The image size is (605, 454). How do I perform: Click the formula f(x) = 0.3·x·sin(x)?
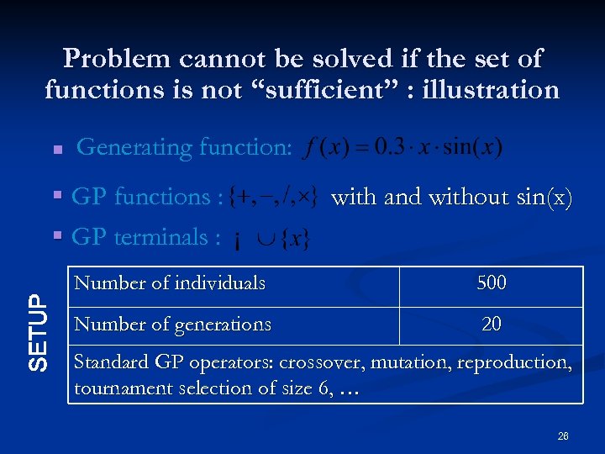(402, 148)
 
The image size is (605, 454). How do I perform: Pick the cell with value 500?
(492, 283)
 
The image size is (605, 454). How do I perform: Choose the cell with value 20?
(492, 324)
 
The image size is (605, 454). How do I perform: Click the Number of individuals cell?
(170, 283)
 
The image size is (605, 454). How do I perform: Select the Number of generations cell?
(172, 324)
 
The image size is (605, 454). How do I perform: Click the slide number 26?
(562, 436)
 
